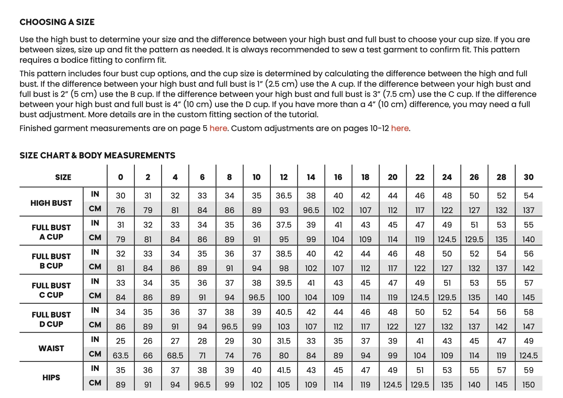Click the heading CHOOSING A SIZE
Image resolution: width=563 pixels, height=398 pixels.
57,22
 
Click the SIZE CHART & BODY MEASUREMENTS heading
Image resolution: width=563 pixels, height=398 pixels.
97,155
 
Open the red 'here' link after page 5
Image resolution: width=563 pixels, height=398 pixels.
218,128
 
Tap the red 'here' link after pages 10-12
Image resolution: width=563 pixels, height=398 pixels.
400,128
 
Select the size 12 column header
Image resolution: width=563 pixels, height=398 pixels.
284,177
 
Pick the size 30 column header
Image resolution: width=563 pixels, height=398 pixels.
528,177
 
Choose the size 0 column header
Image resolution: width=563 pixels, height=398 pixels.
120,177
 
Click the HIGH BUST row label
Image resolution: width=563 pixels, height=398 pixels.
51,203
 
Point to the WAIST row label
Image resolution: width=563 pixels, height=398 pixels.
51,348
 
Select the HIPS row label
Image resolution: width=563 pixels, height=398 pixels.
51,377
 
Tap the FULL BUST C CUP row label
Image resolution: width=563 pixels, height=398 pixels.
51,290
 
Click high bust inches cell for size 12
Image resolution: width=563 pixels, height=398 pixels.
284,196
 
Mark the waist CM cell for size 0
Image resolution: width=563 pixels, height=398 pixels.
120,355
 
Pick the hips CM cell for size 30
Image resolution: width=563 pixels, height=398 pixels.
528,384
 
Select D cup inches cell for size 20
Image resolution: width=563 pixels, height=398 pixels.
392,312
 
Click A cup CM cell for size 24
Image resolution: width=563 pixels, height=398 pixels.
447,239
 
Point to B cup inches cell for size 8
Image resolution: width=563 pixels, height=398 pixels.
229,254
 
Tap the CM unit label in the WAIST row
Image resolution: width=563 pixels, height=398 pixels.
95,354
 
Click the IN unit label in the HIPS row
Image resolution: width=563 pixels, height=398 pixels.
95,368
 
